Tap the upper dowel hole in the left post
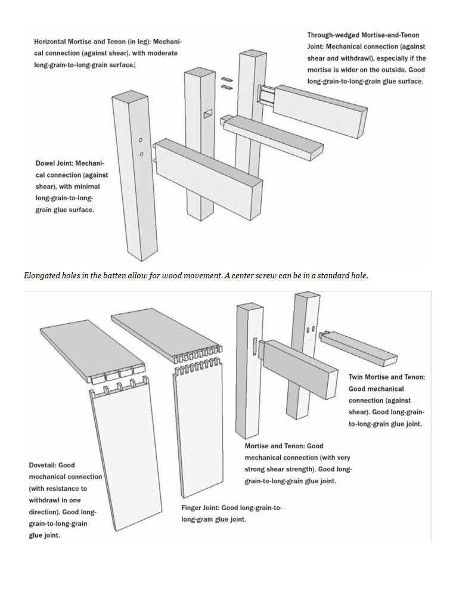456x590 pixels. (x=140, y=140)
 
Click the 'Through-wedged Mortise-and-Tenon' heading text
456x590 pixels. (x=363, y=35)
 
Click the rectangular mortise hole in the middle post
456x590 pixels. (x=207, y=112)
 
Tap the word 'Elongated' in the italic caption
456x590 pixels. (x=42, y=276)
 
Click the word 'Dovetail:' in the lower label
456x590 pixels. (x=45, y=465)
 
